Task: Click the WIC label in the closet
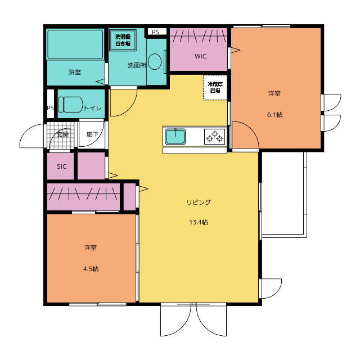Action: tap(200, 56)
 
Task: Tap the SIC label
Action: tap(61, 166)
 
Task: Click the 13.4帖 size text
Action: tap(199, 222)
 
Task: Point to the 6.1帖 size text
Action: tap(274, 115)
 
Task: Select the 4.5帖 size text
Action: tap(91, 269)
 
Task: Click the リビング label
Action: tap(199, 202)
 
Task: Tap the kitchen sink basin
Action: tap(175, 136)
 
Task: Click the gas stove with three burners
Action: tap(214, 136)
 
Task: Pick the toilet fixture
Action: tap(70, 105)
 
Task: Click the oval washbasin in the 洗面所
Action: tap(155, 61)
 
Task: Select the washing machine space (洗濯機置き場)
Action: tap(123, 40)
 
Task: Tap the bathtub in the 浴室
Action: tap(75, 44)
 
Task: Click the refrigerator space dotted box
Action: tap(215, 87)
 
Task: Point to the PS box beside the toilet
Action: tap(51, 103)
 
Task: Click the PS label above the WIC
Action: tap(155, 32)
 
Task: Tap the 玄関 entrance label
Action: tap(62, 134)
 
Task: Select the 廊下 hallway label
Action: tap(92, 134)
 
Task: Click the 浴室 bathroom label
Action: tap(75, 72)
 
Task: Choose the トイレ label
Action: tap(92, 108)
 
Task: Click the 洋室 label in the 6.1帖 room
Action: tap(274, 93)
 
